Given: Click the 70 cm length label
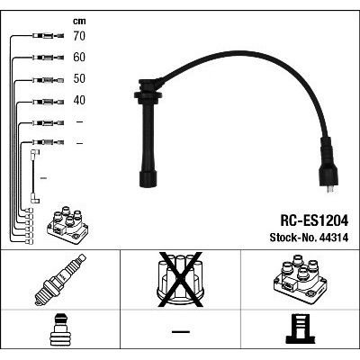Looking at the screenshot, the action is tap(79, 36).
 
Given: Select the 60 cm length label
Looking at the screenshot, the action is tap(79, 57).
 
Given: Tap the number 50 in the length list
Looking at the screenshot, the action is tap(79, 78).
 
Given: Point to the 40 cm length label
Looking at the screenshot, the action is tap(79, 100).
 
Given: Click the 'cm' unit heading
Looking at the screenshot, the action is tap(79, 22).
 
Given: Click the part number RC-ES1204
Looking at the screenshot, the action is tap(314, 220).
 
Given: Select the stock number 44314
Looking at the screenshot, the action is tap(334, 238).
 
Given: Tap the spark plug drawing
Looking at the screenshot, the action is tap(60, 280).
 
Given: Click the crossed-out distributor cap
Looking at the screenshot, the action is tap(180, 280).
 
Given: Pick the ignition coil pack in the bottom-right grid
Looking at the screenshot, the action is tap(300, 280).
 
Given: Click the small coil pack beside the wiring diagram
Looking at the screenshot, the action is tap(67, 225).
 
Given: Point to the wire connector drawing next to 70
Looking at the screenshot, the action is tap(48, 36).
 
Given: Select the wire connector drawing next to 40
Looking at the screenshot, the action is tap(48, 102).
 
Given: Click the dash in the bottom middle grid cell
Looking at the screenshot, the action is tap(181, 332).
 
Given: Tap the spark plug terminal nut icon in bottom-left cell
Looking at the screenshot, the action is tap(60, 329).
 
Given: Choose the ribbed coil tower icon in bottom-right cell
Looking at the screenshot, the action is tap(300, 328).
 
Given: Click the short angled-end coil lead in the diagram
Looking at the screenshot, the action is tap(34, 176).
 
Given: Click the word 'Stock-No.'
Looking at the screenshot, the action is tap(293, 238).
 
